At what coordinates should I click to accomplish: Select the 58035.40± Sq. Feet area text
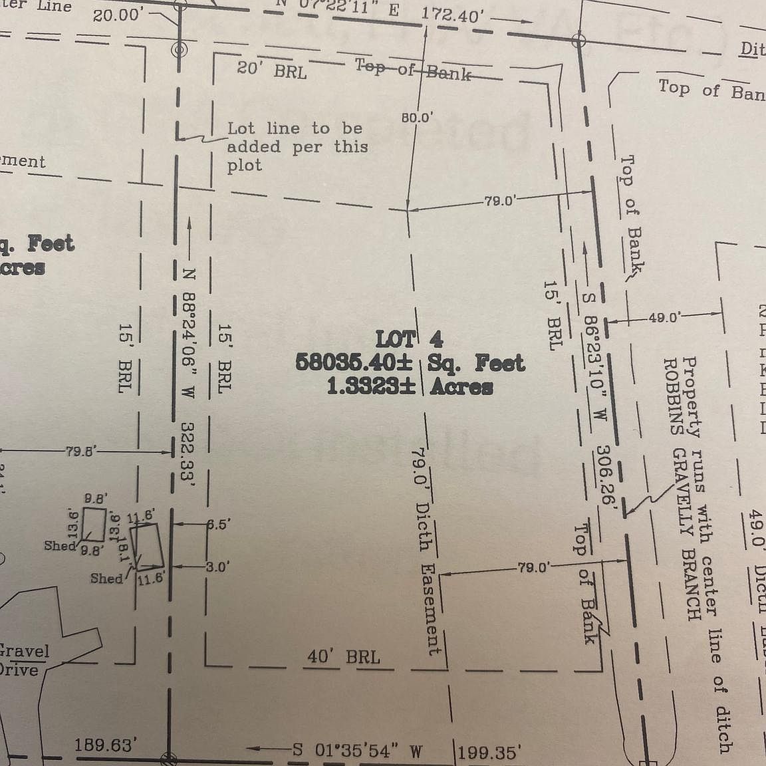[410, 363]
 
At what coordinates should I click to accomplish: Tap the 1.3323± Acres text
[410, 386]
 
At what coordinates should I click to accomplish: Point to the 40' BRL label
[343, 657]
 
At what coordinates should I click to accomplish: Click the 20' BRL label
[272, 70]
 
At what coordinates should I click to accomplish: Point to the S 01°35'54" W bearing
[357, 751]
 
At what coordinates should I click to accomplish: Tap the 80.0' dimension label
[417, 118]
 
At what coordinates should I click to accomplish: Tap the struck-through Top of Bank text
[413, 69]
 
